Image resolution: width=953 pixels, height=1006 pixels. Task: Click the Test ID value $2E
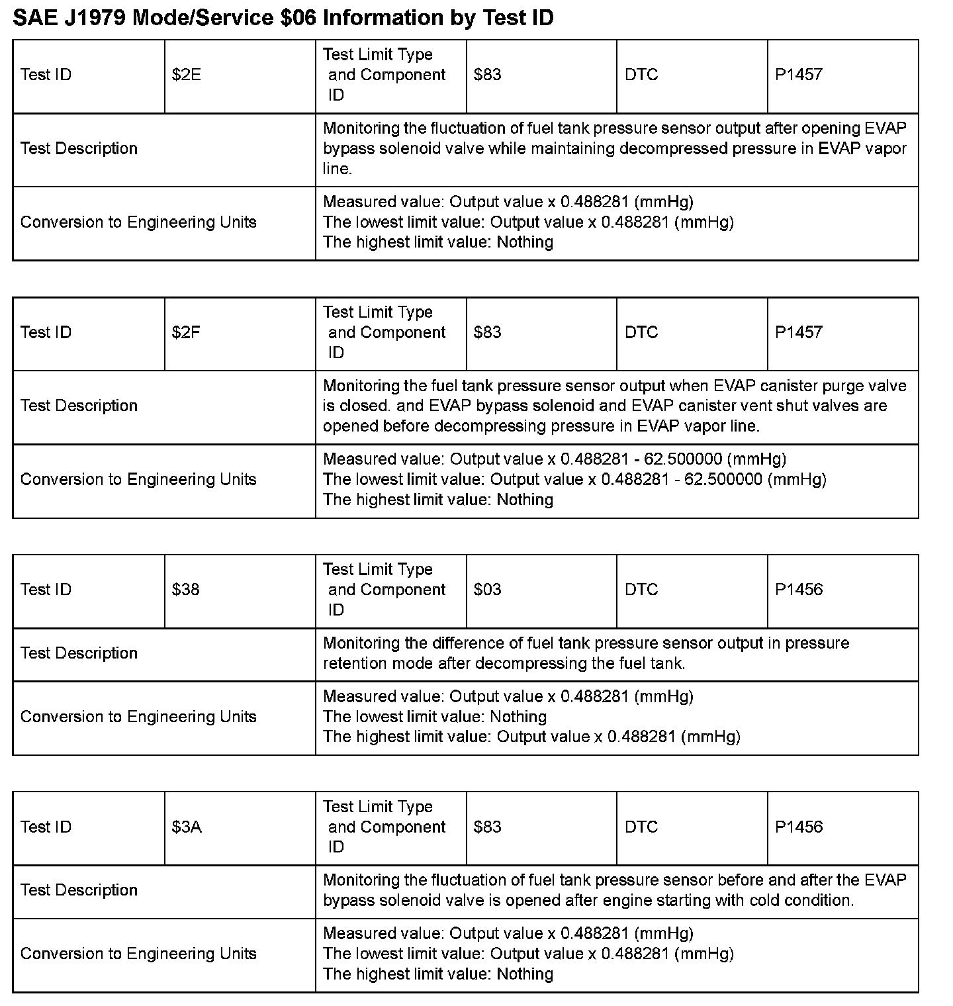(186, 75)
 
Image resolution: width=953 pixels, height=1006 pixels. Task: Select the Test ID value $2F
(186, 332)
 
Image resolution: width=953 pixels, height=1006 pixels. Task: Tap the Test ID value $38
(185, 590)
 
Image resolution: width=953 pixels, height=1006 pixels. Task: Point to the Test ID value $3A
(187, 827)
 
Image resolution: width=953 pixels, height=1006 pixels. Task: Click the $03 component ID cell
(488, 590)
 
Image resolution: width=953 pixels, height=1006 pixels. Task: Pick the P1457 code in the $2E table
(799, 75)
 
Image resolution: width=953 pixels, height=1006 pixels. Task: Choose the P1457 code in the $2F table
(799, 332)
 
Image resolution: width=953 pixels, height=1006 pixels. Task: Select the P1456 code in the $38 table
(799, 590)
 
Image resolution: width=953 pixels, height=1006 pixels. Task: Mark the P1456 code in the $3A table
(799, 827)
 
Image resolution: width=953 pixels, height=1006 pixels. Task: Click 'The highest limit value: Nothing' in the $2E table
(437, 242)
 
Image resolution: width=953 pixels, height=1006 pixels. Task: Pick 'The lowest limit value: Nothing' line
(434, 717)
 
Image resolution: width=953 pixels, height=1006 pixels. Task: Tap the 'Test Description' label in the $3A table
(79, 890)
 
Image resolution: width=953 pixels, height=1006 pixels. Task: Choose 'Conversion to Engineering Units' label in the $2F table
(138, 479)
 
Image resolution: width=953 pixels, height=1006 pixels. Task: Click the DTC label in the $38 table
(641, 590)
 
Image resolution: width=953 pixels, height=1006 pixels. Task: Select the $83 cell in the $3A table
(488, 827)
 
